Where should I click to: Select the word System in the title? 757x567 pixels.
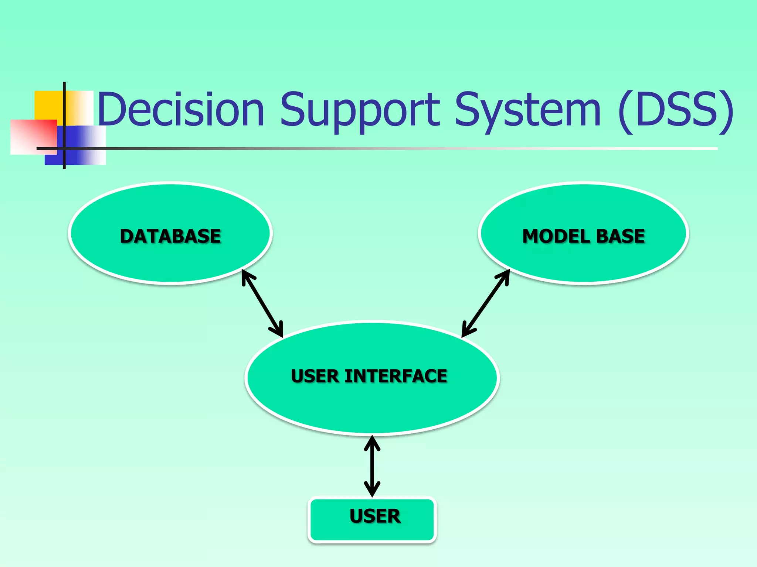click(528, 110)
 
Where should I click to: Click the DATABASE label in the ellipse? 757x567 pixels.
click(170, 236)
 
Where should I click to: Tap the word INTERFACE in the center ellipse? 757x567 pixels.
click(396, 376)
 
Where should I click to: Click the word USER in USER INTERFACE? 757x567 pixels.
click(315, 376)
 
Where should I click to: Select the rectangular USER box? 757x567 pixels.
click(372, 519)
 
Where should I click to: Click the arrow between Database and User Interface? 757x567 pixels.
click(262, 303)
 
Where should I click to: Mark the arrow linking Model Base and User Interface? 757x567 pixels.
click(485, 303)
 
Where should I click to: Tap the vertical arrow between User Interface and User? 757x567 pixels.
click(372, 466)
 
